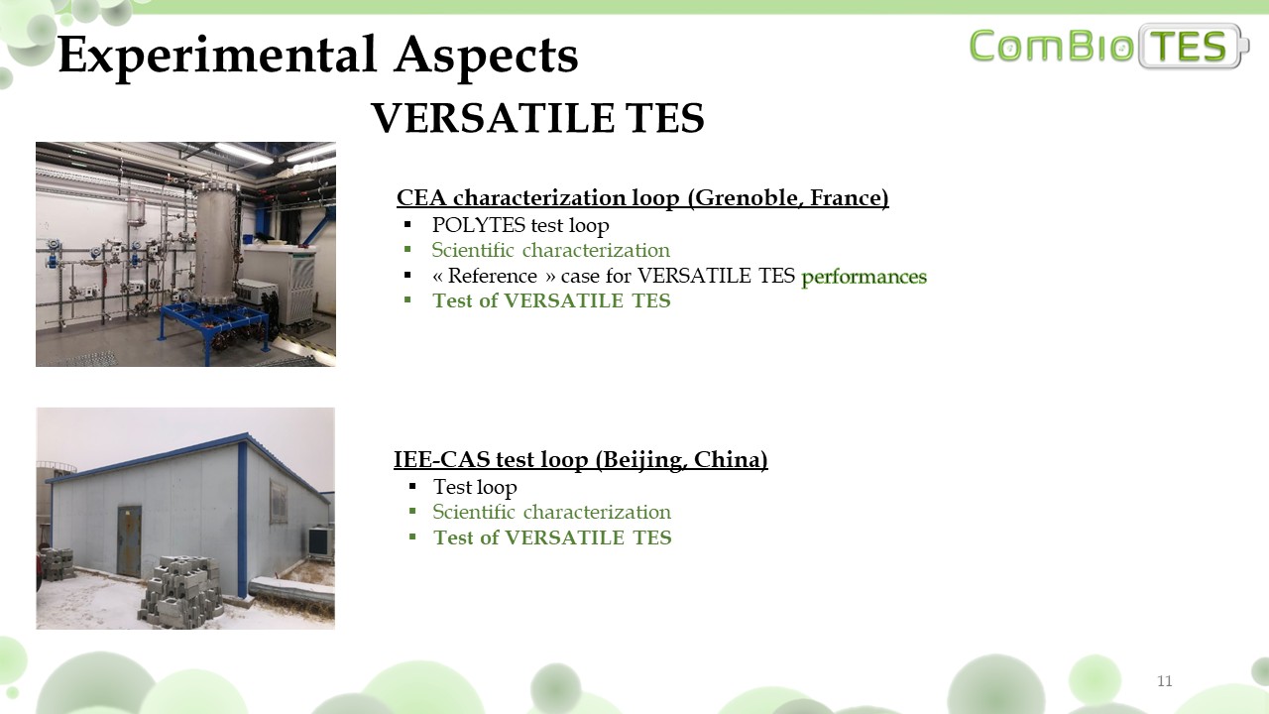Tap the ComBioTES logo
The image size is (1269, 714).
(1109, 46)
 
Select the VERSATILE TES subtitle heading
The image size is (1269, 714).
(537, 118)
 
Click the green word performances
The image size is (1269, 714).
(864, 277)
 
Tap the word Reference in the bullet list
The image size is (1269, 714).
(493, 276)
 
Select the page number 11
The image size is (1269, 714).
(1164, 680)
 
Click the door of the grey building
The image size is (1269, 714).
(129, 541)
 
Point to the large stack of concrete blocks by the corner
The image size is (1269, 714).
(180, 592)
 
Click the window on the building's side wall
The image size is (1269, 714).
(279, 502)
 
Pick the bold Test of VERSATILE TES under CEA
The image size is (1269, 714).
(551, 300)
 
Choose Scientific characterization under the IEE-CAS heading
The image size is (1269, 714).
(551, 512)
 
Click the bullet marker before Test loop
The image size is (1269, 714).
(411, 486)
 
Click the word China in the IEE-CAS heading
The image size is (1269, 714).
(731, 459)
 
